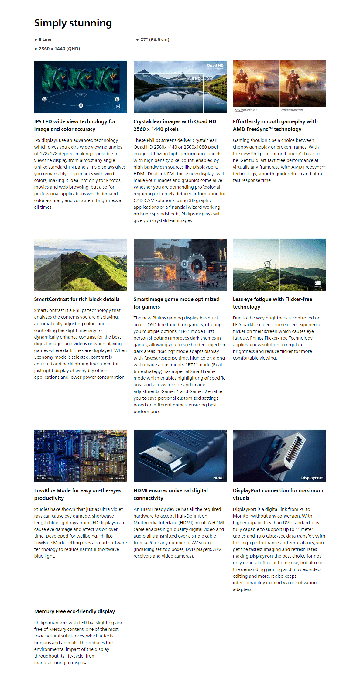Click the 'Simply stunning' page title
tap(73, 23)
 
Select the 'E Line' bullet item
tap(45, 39)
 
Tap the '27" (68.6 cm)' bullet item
tap(155, 39)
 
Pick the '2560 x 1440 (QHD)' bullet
tap(59, 49)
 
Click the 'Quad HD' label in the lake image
tap(215, 65)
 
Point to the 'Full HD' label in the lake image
tap(194, 78)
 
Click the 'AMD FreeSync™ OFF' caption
tap(246, 110)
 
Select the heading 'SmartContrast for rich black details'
tap(77, 299)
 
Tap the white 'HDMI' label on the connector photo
tap(218, 478)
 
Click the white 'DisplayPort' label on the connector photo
tap(312, 478)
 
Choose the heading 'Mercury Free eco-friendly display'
tap(74, 611)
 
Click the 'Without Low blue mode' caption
tap(45, 477)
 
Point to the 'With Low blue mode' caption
tap(117, 477)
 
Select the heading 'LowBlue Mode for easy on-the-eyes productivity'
tap(77, 494)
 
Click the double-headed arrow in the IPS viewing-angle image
tap(81, 95)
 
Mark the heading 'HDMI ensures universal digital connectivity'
tap(170, 494)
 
